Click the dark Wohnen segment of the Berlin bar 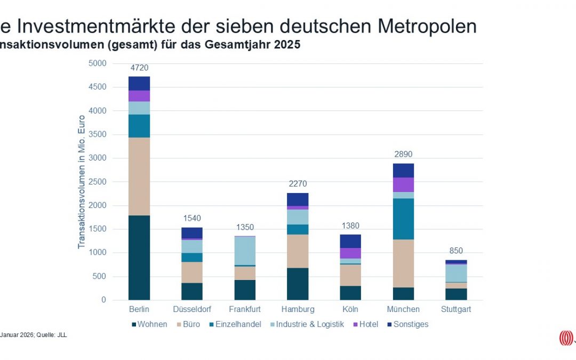click(139, 258)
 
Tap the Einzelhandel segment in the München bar click(403, 219)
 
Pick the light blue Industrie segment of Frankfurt click(245, 251)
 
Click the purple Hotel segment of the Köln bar click(350, 253)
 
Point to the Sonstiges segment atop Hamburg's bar click(298, 199)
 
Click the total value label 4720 click(139, 68)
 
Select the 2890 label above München click(403, 155)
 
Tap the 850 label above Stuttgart click(456, 251)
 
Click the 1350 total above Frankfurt click(245, 227)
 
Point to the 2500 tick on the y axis click(98, 182)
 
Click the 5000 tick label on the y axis click(98, 63)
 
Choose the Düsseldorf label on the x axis click(191, 309)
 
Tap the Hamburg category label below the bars click(298, 309)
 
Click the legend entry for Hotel click(370, 324)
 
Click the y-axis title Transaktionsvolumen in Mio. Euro click(82, 182)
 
